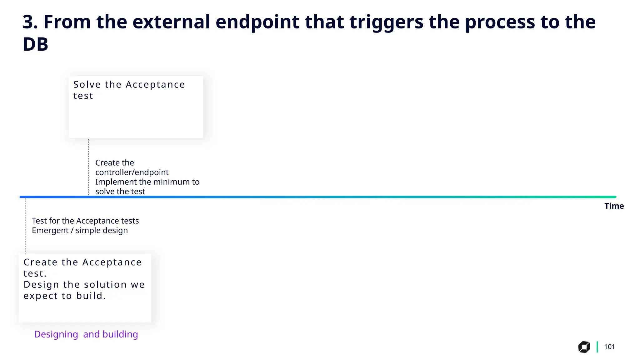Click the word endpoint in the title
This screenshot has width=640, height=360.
257,22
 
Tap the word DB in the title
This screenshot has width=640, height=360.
35,44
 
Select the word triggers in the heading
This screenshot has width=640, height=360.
386,22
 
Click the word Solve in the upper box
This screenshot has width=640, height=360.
87,85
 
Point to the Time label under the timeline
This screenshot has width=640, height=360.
614,206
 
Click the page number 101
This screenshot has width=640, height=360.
609,347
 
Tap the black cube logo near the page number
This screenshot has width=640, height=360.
584,347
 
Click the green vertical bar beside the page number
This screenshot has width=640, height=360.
597,347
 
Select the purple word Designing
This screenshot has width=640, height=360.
56,334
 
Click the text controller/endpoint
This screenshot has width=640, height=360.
132,172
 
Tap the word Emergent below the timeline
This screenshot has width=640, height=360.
50,231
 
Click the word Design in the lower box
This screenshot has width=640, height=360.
41,285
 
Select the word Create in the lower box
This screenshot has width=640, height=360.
40,262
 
